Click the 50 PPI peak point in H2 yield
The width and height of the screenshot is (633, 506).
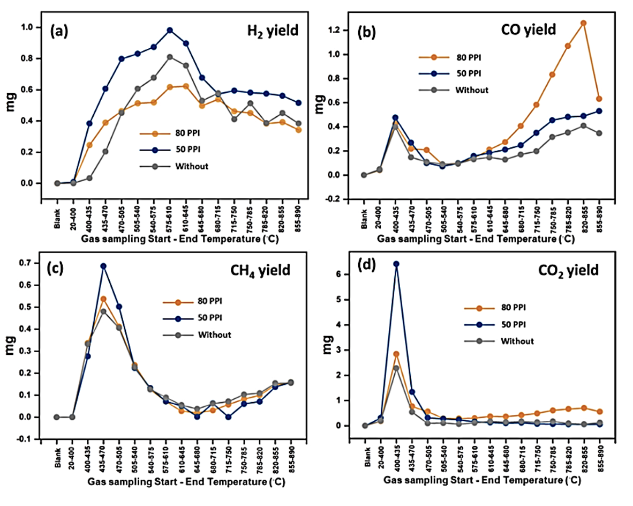click(170, 31)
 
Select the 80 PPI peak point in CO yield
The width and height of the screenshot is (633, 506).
click(583, 23)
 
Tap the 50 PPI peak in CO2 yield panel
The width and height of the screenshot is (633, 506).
click(396, 264)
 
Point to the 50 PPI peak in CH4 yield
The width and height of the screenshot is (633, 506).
click(104, 266)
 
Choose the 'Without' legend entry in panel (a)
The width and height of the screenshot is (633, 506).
click(192, 166)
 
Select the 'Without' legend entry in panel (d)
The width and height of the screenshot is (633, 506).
click(518, 341)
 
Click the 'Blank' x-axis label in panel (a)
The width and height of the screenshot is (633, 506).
click(57, 220)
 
